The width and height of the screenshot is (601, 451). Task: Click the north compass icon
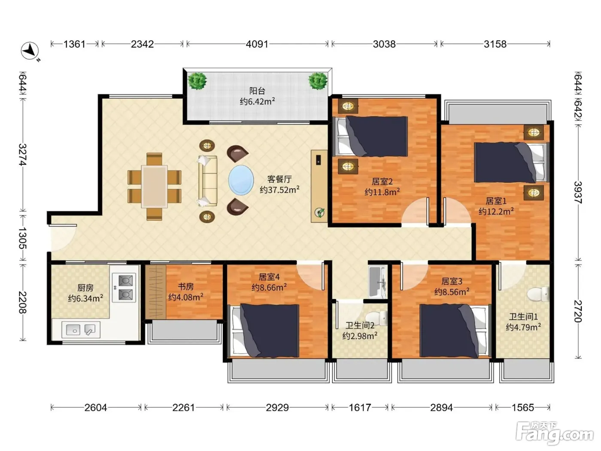[x=30, y=51]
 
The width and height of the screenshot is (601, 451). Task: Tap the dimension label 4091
[x=257, y=44]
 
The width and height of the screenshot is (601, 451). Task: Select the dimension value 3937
[x=578, y=192]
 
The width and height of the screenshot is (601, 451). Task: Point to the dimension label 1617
[x=360, y=408]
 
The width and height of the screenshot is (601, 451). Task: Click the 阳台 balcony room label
[x=257, y=91]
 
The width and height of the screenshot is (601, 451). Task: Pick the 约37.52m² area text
[x=279, y=189]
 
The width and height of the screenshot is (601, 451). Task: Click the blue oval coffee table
[x=241, y=180]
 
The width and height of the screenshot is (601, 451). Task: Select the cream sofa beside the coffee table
[x=207, y=181]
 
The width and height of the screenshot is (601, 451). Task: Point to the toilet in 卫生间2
[x=378, y=318]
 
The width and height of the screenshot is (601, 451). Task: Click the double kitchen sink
[x=81, y=329]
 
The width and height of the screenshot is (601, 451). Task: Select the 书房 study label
[x=185, y=286]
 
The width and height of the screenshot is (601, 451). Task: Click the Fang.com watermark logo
[x=555, y=433]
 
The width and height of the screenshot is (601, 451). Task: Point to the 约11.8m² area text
[x=382, y=192]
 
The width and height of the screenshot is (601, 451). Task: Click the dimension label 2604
[x=96, y=408]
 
